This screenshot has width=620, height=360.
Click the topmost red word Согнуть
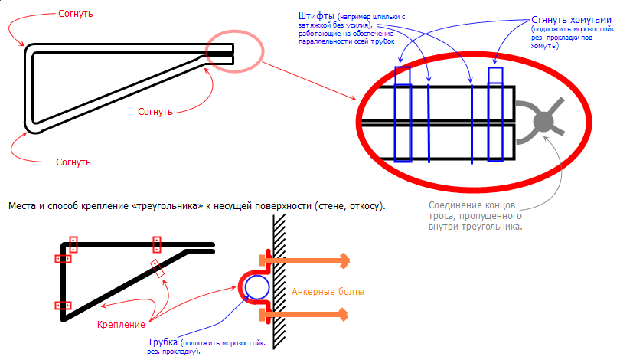(75, 14)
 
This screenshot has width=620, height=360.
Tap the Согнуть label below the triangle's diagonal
(156, 111)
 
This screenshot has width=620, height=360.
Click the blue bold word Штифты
(315, 16)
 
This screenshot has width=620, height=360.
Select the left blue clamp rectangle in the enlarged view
(402, 115)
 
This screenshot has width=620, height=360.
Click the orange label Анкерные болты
(328, 292)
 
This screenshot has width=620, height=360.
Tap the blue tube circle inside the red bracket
(256, 287)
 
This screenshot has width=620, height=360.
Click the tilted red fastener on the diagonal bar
(158, 269)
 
